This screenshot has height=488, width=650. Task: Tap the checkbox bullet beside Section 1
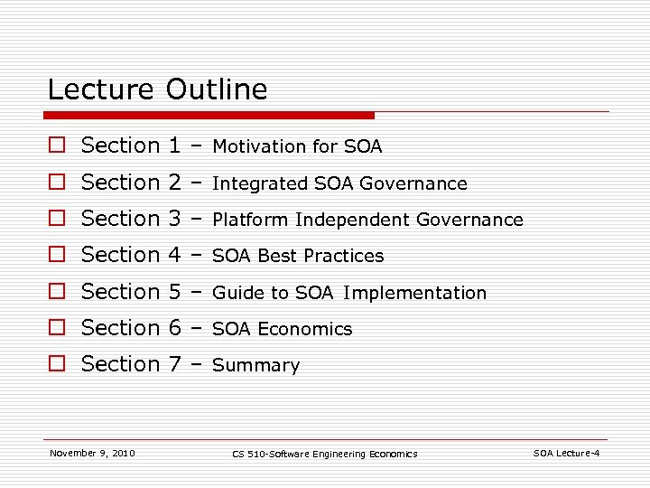pyautogui.click(x=57, y=145)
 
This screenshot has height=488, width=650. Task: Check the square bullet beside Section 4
pyautogui.click(x=57, y=255)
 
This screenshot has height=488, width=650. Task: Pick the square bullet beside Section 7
pyautogui.click(x=57, y=364)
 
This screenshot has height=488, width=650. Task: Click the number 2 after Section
pyautogui.click(x=176, y=183)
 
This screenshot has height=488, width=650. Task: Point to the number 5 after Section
pyautogui.click(x=176, y=292)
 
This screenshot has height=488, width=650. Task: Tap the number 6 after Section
pyautogui.click(x=176, y=328)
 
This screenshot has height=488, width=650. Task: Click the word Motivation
pyautogui.click(x=259, y=146)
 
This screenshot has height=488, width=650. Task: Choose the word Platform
pyautogui.click(x=250, y=220)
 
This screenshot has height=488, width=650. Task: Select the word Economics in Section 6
pyautogui.click(x=305, y=329)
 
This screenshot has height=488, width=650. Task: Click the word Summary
pyautogui.click(x=255, y=366)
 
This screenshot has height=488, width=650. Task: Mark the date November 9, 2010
pyautogui.click(x=92, y=453)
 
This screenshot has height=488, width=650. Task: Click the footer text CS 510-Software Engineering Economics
pyautogui.click(x=324, y=454)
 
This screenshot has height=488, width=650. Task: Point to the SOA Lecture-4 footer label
pyautogui.click(x=566, y=453)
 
